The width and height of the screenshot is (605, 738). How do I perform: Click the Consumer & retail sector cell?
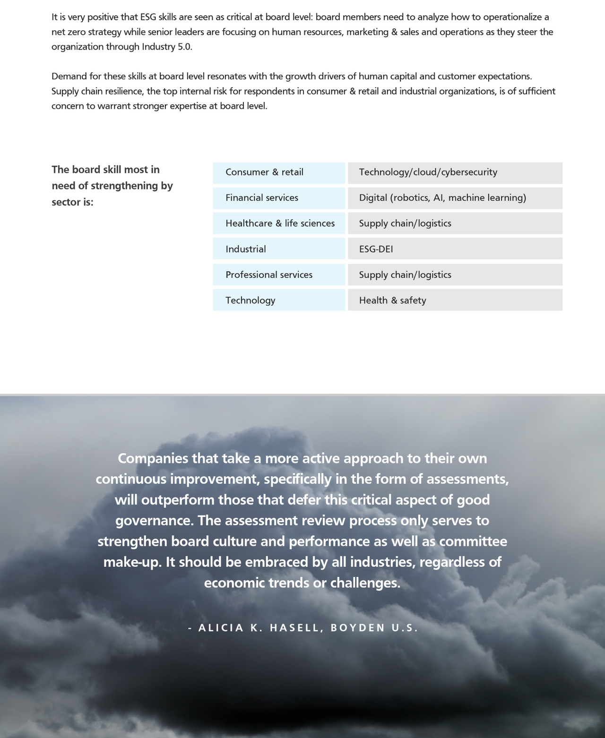click(x=278, y=172)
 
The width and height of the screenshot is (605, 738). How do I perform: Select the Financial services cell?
click(x=278, y=198)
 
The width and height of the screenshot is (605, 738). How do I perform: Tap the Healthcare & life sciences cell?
click(x=279, y=223)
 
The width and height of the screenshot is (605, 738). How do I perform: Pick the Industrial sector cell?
click(x=278, y=249)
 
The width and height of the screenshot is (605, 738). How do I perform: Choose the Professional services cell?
click(x=278, y=275)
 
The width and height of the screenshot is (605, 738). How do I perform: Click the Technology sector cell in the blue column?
click(x=278, y=300)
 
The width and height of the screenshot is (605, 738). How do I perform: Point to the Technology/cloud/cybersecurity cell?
click(x=455, y=172)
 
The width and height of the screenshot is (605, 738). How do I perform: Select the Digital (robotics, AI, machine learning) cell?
click(x=455, y=198)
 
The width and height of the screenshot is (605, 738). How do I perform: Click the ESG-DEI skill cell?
click(x=455, y=249)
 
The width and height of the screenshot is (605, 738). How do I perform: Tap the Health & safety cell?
click(x=455, y=300)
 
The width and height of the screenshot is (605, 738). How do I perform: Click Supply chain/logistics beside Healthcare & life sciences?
click(x=455, y=223)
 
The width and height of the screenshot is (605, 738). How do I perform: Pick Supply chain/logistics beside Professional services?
click(x=455, y=275)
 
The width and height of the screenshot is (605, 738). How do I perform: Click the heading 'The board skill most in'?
click(x=105, y=170)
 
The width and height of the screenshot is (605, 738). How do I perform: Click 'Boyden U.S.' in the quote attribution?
click(x=374, y=628)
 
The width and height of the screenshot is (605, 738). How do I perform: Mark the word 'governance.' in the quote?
click(x=155, y=521)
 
